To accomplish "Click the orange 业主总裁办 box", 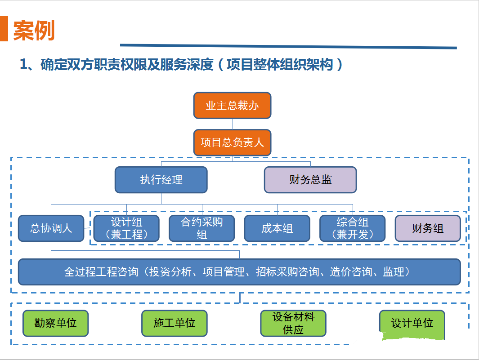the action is click(232, 105).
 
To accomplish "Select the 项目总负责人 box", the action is click(232, 142).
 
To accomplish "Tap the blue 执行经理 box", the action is click(161, 180).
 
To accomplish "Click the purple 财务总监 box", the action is click(310, 180).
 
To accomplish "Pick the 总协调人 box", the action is click(51, 228).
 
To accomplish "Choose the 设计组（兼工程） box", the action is click(126, 228).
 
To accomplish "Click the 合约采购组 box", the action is click(202, 228).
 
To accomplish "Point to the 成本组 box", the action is click(277, 228).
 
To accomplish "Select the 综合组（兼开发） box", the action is click(353, 228).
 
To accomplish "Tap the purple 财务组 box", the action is click(428, 228).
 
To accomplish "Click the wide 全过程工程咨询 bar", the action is click(239, 272).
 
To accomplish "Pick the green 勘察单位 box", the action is click(55, 323).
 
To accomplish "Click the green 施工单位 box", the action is click(174, 323).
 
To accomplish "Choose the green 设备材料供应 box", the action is click(293, 323).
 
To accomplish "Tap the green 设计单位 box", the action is click(412, 324).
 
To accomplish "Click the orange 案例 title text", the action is click(34, 31).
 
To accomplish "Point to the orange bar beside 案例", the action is click(4, 28).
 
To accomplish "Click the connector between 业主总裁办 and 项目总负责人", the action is click(233, 124).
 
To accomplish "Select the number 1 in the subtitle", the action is click(23, 64).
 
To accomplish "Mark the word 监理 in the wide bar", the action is click(394, 272).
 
